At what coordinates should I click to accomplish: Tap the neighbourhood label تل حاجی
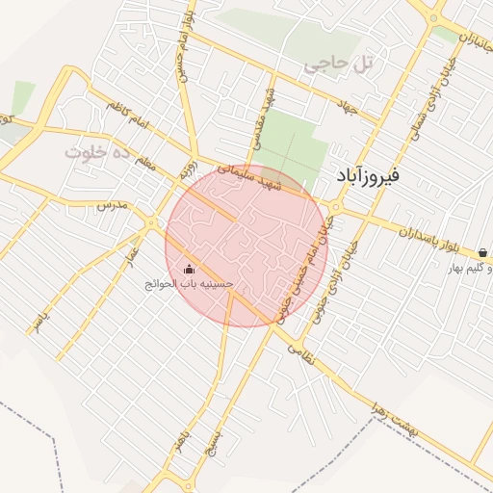click(x=337, y=65)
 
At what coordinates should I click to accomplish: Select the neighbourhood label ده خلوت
click(x=96, y=152)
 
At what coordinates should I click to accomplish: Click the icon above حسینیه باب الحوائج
click(x=188, y=270)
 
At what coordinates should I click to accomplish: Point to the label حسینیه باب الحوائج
click(x=189, y=285)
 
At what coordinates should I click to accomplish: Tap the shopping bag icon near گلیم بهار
click(x=481, y=253)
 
